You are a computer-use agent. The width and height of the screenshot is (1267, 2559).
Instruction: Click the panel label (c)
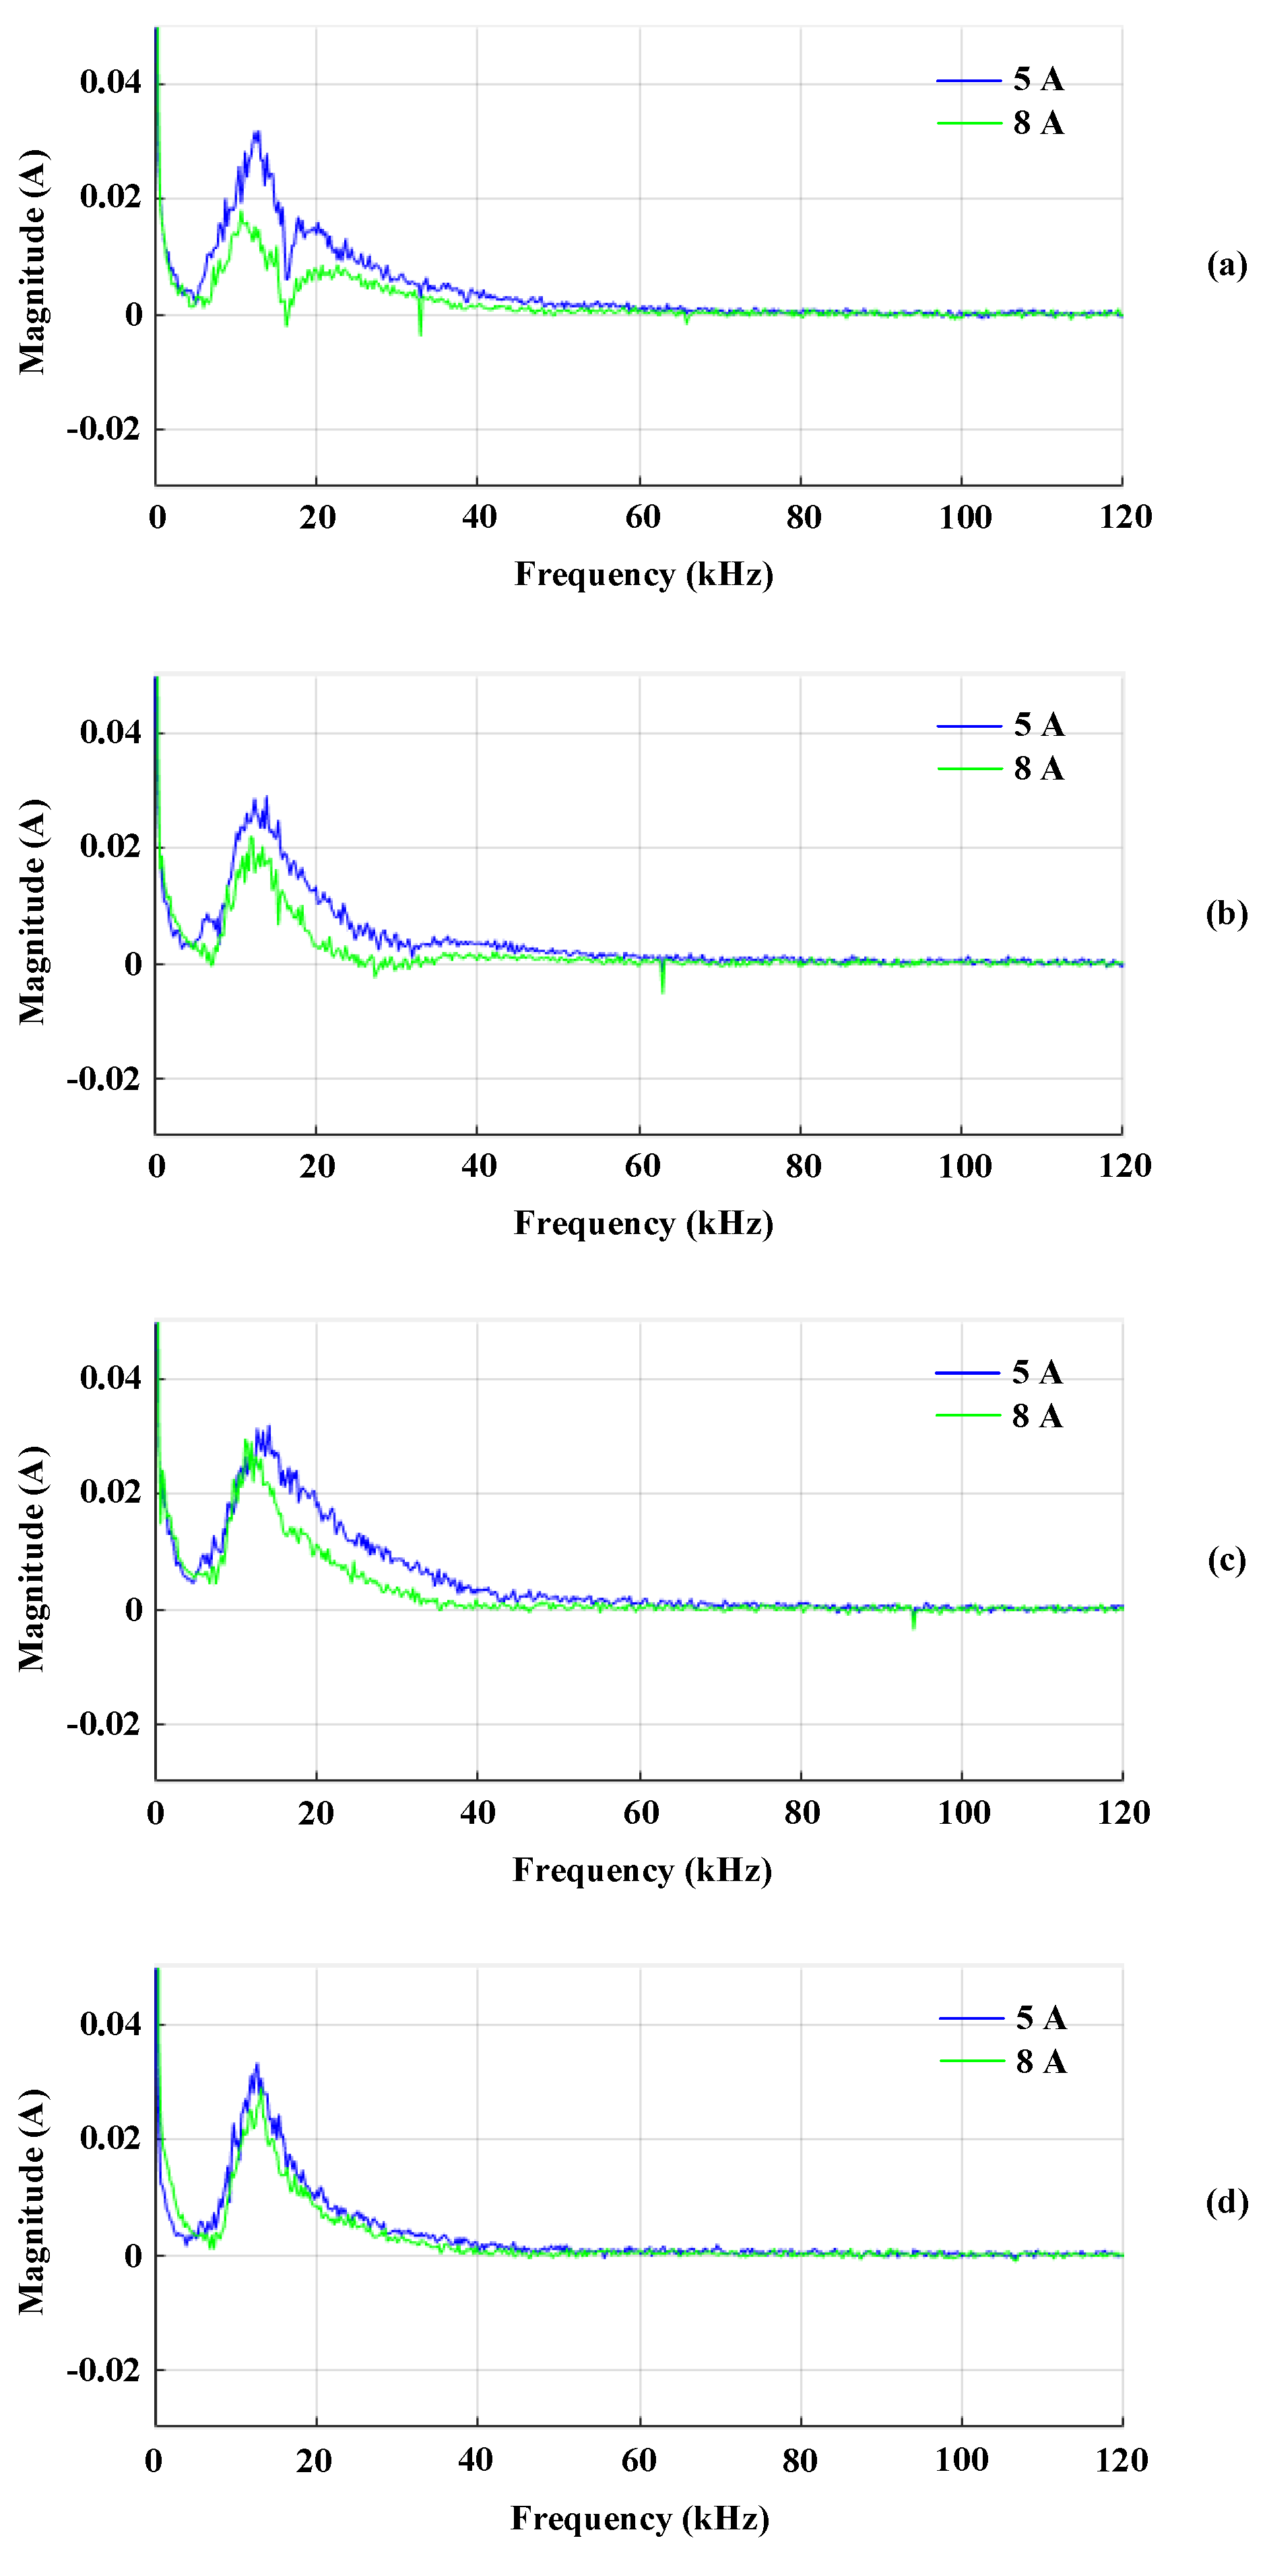pyautogui.click(x=1227, y=1560)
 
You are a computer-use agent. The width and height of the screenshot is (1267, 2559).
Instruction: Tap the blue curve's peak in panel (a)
pyautogui.click(x=257, y=132)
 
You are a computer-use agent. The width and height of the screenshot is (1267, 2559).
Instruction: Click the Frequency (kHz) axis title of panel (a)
pyautogui.click(x=643, y=574)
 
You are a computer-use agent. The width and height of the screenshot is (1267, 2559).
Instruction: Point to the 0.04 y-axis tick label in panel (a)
pyautogui.click(x=110, y=81)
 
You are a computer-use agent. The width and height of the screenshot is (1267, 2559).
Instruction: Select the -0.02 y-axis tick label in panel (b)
pyautogui.click(x=103, y=1079)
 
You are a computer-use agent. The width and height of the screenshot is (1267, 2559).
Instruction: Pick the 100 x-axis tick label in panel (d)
pyautogui.click(x=962, y=2459)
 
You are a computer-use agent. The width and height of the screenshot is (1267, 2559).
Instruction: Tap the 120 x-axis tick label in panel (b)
pyautogui.click(x=1124, y=1165)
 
